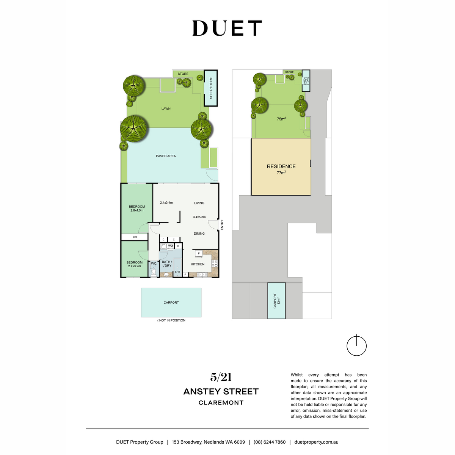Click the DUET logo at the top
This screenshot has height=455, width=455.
pyautogui.click(x=227, y=28)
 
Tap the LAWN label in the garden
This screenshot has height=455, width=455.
pyautogui.click(x=166, y=108)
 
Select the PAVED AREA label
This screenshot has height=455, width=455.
pyautogui.click(x=166, y=156)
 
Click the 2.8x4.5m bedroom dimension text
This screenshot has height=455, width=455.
pyautogui.click(x=137, y=210)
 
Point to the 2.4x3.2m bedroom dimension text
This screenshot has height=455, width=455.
pyautogui.click(x=134, y=266)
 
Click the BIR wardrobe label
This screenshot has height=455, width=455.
pyautogui.click(x=135, y=237)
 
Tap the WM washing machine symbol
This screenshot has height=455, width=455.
pyautogui.click(x=170, y=246)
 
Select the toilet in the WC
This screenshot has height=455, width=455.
pyautogui.click(x=154, y=273)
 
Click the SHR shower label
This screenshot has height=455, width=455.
pyautogui.click(x=177, y=272)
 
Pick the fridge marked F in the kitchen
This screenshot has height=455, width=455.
pyautogui.click(x=199, y=254)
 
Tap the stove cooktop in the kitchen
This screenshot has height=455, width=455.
pyautogui.click(x=215, y=264)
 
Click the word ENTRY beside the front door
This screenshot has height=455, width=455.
pyautogui.click(x=222, y=225)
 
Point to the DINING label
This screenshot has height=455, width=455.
pyautogui.click(x=199, y=234)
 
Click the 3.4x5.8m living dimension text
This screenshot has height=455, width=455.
pyautogui.click(x=199, y=217)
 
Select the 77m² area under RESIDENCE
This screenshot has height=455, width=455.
pyautogui.click(x=281, y=173)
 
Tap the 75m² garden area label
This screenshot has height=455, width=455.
pyautogui.click(x=281, y=119)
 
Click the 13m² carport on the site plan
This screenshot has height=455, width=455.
pyautogui.click(x=276, y=301)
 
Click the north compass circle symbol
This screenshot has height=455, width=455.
pyautogui.click(x=356, y=346)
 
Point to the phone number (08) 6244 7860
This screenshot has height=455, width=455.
pyautogui.click(x=270, y=442)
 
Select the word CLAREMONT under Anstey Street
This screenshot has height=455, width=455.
pyautogui.click(x=221, y=403)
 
